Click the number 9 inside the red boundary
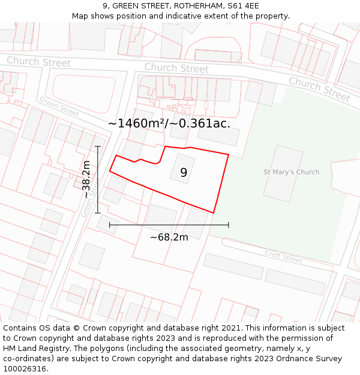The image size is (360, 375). tap(184, 172)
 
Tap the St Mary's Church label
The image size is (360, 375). tap(292, 172)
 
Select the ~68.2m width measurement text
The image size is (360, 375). tap(169, 237)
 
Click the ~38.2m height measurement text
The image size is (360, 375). tap(86, 179)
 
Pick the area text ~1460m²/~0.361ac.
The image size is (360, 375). tap(169, 124)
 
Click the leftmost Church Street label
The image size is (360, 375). tap(38, 61)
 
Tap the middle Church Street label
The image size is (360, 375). tap(176, 68)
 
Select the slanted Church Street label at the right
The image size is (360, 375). tap(319, 89)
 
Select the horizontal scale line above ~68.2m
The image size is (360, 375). tap(169, 225)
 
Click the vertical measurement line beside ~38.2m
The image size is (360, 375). tap(98, 179)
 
